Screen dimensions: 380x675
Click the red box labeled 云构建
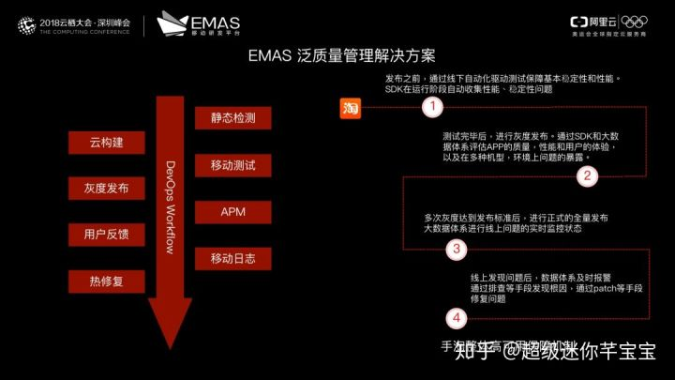point(106,144)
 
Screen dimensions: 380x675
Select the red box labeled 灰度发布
point(106,189)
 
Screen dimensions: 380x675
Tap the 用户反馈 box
point(106,234)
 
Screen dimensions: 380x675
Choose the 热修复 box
point(106,280)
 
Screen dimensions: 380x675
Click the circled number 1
point(431,107)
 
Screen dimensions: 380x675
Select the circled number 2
point(587,175)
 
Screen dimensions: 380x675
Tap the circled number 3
point(456,249)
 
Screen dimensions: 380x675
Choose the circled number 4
point(456,318)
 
